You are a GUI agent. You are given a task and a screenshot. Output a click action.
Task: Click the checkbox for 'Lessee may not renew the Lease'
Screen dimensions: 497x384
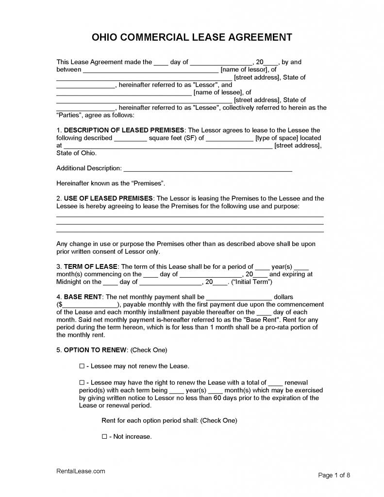coord(82,365)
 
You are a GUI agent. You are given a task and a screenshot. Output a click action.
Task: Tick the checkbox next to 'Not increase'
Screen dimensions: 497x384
coord(104,436)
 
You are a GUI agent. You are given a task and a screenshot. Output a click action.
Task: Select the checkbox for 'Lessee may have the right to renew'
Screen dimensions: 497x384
coord(82,382)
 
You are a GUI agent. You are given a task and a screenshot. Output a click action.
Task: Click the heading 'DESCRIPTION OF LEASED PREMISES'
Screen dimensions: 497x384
coord(124,130)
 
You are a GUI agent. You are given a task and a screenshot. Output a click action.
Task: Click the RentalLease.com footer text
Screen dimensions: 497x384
coord(81,471)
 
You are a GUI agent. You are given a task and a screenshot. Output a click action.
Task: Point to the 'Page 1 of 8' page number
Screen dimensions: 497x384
coord(334,475)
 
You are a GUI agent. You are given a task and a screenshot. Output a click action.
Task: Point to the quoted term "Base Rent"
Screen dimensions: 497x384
coord(264,320)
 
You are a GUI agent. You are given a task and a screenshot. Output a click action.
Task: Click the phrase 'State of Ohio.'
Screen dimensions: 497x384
coord(77,153)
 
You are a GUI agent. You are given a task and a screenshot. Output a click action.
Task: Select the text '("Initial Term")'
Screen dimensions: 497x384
coord(251,282)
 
